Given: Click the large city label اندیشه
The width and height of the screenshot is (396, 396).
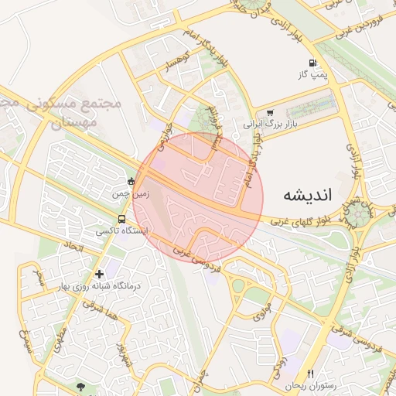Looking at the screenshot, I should pos(306,194).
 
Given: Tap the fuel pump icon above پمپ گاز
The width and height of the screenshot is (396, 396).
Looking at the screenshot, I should pos(312,63).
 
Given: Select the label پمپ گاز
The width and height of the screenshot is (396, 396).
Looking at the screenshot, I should pos(316,76).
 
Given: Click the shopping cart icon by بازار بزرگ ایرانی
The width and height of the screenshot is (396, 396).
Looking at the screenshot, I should pos(270,113).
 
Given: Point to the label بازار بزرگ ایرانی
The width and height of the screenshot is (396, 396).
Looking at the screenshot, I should pos(270,124).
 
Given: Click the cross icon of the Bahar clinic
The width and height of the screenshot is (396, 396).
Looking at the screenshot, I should pos(99,274).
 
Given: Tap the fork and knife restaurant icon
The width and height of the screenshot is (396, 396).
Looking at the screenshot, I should pos(311,374).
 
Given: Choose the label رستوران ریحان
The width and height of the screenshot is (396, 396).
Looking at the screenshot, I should pos(301,385).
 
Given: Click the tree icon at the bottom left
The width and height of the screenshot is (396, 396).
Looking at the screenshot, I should pos(80,386).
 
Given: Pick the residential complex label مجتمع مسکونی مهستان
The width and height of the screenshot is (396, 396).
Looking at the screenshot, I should pos(66,112).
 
